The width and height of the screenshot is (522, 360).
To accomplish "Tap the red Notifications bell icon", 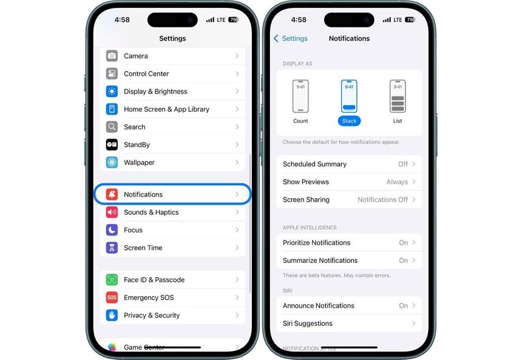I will (x=112, y=194).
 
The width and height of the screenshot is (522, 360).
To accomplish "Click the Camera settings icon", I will (x=112, y=56).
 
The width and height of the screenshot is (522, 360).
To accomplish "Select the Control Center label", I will (x=146, y=73).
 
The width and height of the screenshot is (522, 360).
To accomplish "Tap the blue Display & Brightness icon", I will (x=112, y=92).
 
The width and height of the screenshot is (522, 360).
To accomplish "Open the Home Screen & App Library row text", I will (x=166, y=109).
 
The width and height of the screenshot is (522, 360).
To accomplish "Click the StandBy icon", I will (x=112, y=144).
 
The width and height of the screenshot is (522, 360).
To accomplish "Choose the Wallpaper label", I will (x=139, y=163).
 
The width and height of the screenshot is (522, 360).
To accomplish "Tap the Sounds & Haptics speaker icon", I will (x=112, y=212).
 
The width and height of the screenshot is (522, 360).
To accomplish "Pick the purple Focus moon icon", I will (x=112, y=230).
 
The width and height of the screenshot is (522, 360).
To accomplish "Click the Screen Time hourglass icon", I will (x=112, y=248).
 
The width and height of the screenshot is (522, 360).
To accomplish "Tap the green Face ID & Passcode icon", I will (x=112, y=280).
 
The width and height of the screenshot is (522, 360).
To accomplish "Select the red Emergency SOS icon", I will (x=112, y=297).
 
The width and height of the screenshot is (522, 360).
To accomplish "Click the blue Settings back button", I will (x=291, y=38).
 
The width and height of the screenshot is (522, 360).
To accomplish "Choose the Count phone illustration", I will (x=300, y=97).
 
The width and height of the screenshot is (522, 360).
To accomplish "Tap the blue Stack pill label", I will (x=349, y=121).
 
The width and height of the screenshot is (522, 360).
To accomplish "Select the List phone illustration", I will (x=398, y=97).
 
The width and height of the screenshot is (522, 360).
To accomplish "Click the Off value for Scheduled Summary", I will (x=403, y=164).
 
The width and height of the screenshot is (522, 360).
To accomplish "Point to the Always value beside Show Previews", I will (x=397, y=182).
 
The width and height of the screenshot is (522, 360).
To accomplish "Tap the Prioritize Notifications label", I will (x=316, y=243).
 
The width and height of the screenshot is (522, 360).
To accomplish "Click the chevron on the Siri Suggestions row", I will (x=414, y=324).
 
